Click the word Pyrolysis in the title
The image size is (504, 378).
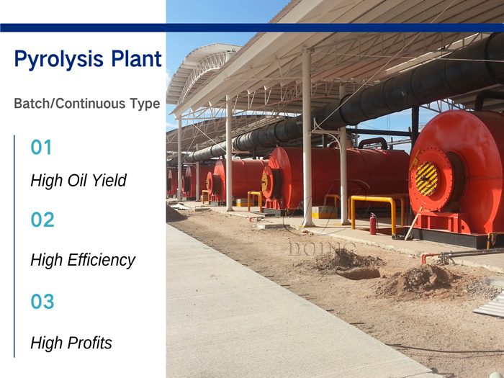(x=58, y=59)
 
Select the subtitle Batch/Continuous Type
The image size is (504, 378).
(x=86, y=104)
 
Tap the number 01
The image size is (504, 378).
(x=42, y=148)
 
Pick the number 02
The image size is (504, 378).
(x=42, y=220)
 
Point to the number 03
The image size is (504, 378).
(x=42, y=302)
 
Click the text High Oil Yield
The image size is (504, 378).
(x=78, y=181)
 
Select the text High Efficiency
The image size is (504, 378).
(x=83, y=260)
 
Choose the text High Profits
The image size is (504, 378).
(x=71, y=343)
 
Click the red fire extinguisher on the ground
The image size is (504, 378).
(x=373, y=224)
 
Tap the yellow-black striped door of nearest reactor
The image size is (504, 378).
(x=426, y=179)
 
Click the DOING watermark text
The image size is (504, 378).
(x=322, y=248)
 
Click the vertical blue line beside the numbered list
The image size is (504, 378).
(x=14, y=245)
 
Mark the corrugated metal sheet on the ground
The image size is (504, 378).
(x=490, y=306)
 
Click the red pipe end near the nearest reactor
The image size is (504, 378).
(x=424, y=258)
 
